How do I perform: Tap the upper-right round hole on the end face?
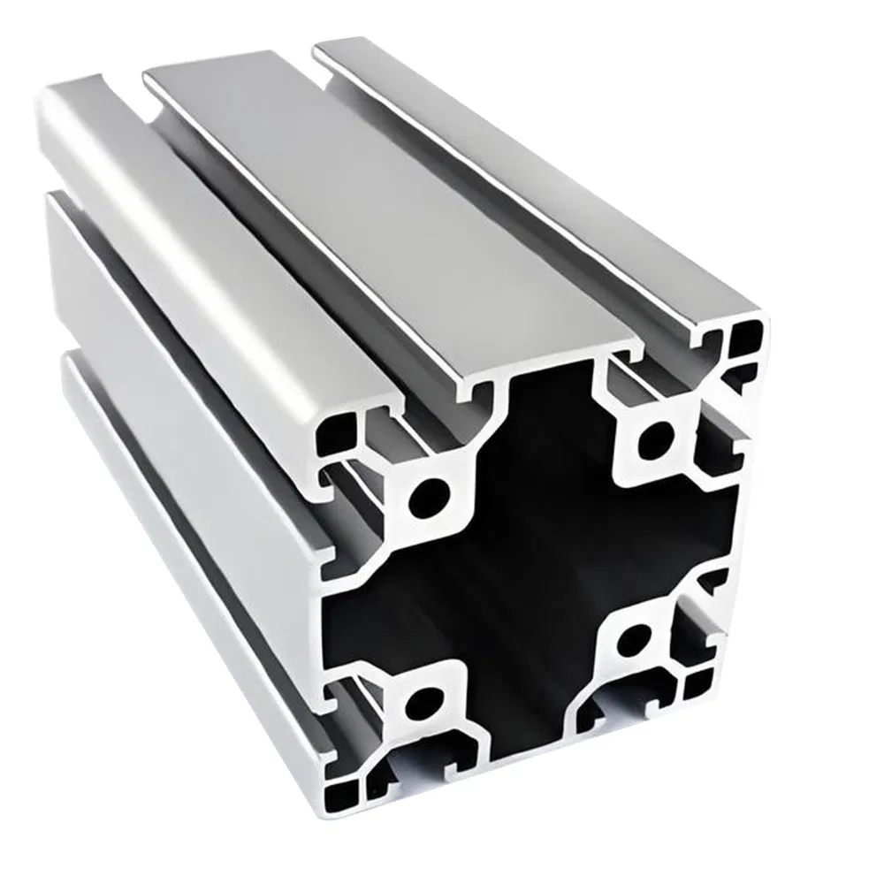click(x=655, y=435)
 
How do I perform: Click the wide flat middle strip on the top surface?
click(x=389, y=203)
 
